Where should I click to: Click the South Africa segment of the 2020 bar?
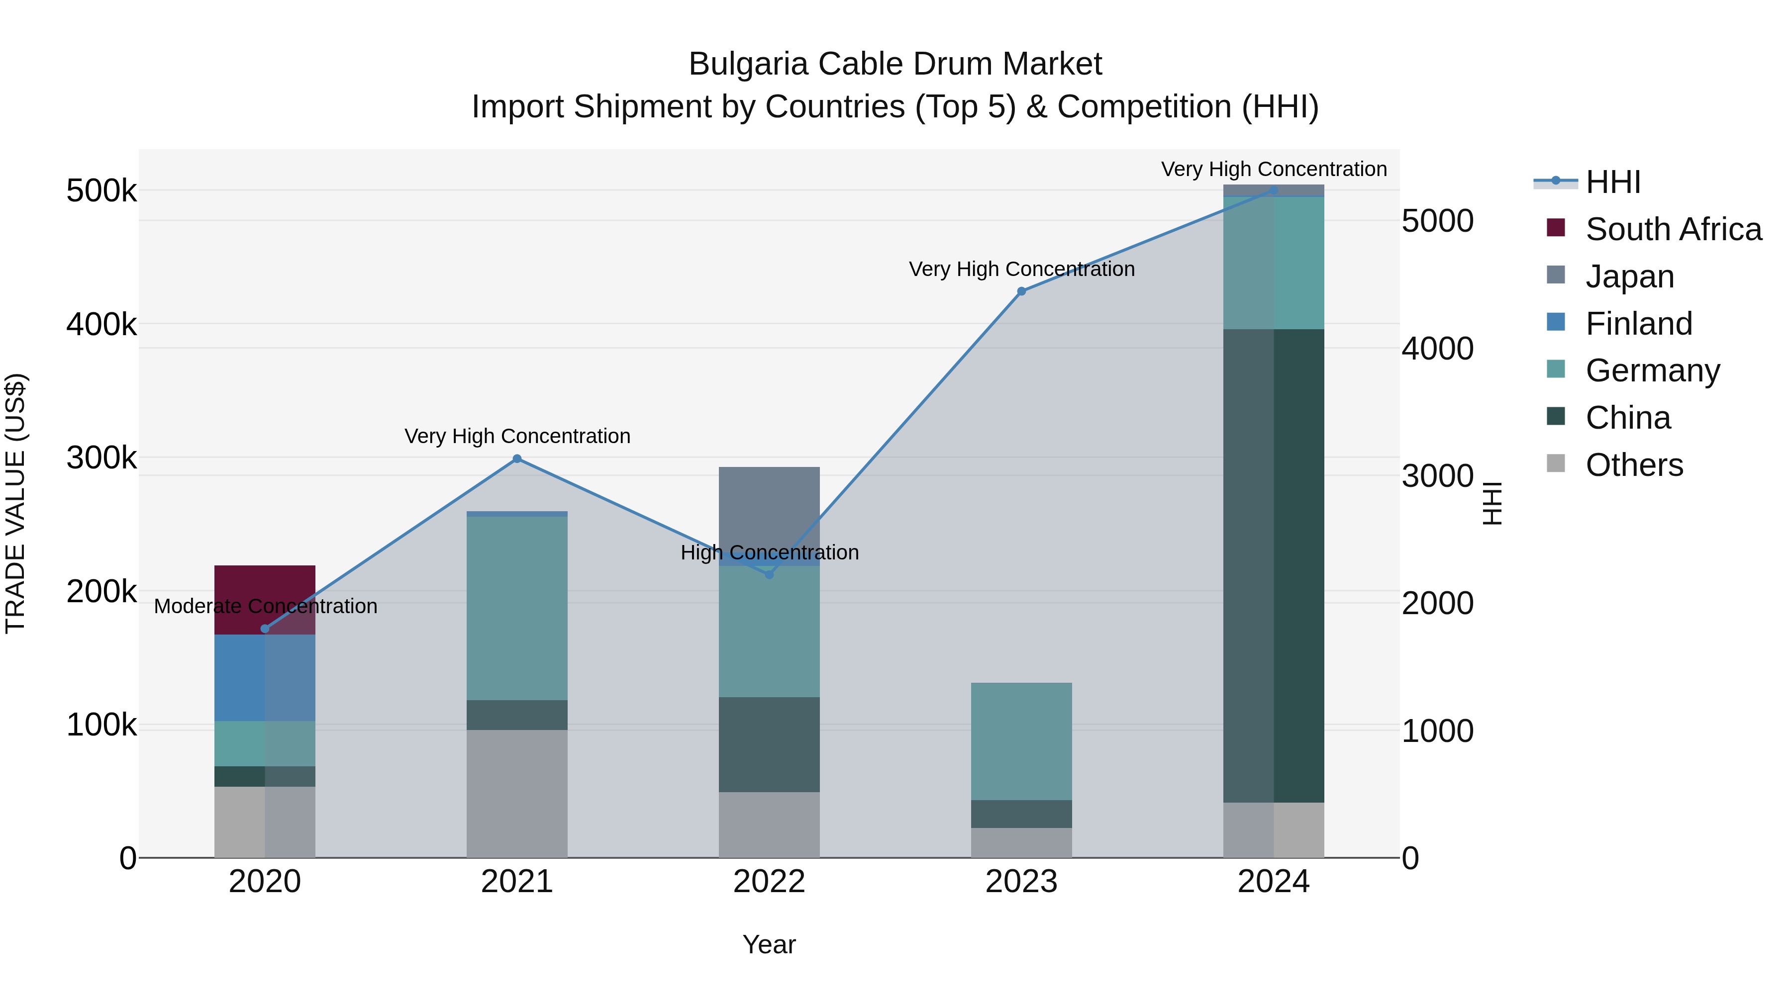264,584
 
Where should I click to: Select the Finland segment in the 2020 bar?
264,678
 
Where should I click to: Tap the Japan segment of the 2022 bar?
769,507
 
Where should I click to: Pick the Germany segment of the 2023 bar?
1021,741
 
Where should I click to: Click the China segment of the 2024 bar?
1274,566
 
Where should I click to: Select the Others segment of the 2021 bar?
516,794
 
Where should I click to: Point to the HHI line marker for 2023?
1021,291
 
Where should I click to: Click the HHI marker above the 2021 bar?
516,458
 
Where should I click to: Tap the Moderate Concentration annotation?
266,606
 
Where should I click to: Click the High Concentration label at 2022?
770,552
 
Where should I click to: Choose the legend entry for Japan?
1629,276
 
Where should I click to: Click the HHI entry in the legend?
1613,182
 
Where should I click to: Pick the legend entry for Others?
1634,465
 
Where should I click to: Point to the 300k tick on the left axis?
101,458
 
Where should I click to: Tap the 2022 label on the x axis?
769,882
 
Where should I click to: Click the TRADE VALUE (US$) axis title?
15,503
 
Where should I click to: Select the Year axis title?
769,944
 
